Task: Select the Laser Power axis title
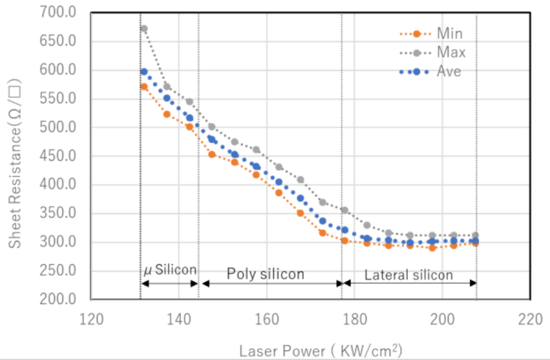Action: click(320, 351)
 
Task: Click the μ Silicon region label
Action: click(169, 270)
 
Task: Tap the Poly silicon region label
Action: click(265, 274)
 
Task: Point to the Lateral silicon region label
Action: click(408, 275)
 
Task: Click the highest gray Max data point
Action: click(144, 29)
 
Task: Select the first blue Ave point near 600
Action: click(144, 72)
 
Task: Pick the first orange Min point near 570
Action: click(144, 87)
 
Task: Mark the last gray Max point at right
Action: click(475, 235)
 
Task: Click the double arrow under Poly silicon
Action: click(271, 284)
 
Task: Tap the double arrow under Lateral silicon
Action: click(409, 284)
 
